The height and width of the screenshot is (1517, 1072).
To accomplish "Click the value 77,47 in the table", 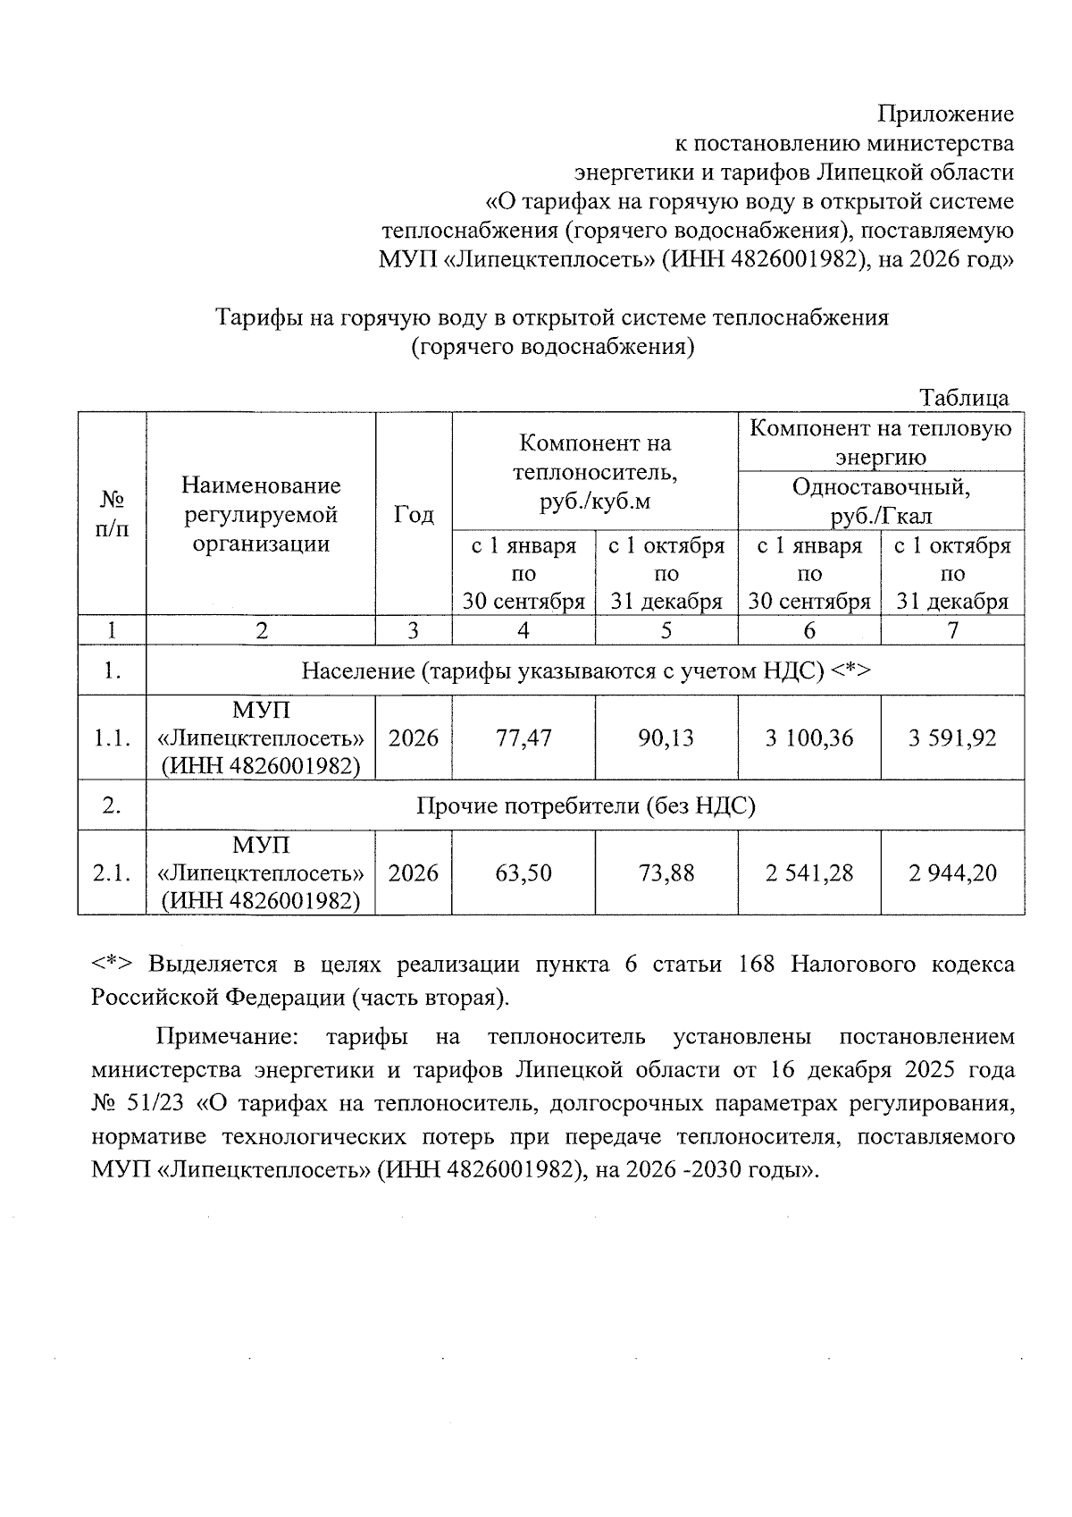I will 523,738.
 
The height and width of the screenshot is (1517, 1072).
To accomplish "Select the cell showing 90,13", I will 666,738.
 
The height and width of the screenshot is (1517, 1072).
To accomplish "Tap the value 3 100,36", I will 809,738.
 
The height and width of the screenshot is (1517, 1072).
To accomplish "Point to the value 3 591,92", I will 952,738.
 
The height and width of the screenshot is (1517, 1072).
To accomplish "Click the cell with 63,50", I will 523,872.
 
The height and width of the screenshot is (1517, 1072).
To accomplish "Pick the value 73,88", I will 666,872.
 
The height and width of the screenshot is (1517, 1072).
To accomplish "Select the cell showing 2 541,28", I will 809,872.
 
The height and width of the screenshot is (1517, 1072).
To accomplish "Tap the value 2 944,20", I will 952,872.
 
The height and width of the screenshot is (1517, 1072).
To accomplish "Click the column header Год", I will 414,515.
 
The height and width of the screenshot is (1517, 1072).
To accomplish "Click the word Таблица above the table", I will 964,398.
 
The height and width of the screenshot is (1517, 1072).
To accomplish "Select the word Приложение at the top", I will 946,114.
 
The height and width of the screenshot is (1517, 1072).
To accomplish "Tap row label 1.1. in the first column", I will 112,738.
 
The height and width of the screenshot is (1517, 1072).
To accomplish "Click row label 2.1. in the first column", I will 112,872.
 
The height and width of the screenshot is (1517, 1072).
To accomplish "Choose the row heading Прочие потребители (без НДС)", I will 585,806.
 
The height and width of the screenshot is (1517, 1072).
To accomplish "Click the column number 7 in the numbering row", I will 952,630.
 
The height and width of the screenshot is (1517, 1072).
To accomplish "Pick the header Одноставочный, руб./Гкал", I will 881,501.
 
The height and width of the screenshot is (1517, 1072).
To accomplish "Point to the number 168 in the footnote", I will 756,965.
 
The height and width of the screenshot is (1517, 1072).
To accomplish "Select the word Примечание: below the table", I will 226,1037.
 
